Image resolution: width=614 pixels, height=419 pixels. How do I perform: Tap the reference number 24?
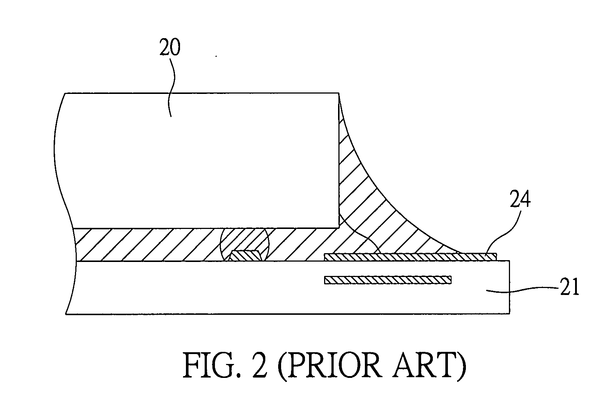520,201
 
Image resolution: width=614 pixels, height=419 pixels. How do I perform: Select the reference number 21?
568,287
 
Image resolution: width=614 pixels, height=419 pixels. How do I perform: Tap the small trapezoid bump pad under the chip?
245,256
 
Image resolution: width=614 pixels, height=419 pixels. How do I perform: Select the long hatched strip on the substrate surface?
410,257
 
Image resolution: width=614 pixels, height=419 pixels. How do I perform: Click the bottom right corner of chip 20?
338,227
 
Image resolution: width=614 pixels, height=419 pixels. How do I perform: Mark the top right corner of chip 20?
338,93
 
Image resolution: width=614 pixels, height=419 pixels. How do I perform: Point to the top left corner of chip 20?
65,94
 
